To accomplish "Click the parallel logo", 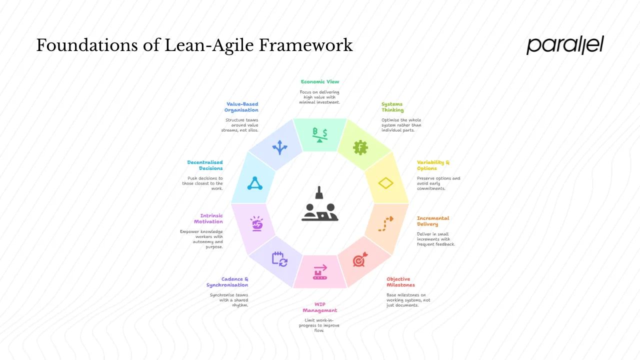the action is point(565,45).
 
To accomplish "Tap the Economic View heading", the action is point(320,81).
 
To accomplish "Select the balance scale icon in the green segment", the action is point(320,135).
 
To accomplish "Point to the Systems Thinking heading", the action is point(392,107).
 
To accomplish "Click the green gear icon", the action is point(360,148).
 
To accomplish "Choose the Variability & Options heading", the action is point(433,165).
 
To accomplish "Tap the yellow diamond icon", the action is point(386,183).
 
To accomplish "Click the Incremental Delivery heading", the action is point(433,221).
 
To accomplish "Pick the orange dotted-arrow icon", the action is point(386,223).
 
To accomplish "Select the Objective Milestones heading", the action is point(400,282).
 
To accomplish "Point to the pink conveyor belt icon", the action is point(320,273).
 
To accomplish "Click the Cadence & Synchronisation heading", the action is point(228,282).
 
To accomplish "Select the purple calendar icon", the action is point(279,258).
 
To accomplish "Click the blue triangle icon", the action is point(255,183).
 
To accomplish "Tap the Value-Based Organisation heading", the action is point(241,107).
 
